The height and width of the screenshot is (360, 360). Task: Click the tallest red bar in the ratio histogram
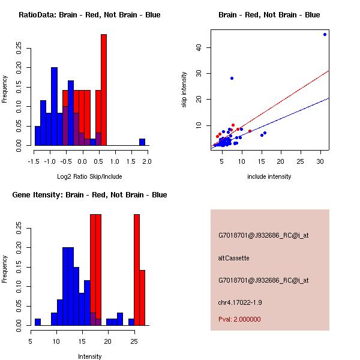coord(104,90)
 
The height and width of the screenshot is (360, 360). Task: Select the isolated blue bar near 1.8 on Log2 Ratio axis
coord(142,142)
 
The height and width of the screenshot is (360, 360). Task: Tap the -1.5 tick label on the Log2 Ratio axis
coord(34,161)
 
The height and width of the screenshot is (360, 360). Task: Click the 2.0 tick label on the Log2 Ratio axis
coord(147,161)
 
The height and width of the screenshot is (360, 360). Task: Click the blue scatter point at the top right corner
coord(325,34)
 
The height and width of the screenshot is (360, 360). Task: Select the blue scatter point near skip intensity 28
coord(232,78)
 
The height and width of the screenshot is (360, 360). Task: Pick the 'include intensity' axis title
coord(269,176)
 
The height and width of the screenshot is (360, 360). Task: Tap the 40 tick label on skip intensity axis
coord(198,47)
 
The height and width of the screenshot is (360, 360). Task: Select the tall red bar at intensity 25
coord(137,270)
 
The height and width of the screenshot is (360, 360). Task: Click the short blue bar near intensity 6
coord(38,322)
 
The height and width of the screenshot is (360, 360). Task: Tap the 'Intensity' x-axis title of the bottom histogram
coord(89,356)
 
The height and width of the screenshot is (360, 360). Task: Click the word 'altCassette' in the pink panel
coord(233,258)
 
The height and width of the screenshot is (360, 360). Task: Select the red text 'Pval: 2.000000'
coord(239,319)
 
